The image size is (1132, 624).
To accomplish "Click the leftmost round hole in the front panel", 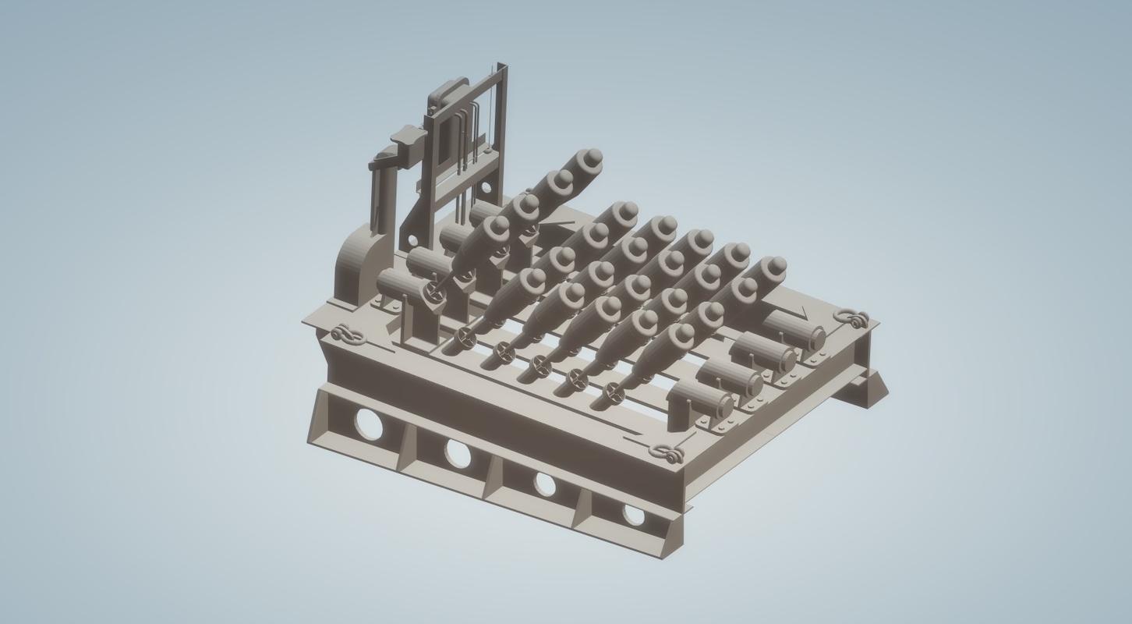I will coord(369,424).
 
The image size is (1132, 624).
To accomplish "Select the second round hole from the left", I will coord(458,453).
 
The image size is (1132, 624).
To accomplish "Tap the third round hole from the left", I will coord(545,484).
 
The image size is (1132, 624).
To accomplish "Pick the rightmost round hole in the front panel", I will coord(634,514).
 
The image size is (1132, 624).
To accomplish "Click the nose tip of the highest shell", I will coord(593,156).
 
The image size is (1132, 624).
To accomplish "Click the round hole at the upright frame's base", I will coord(486,187).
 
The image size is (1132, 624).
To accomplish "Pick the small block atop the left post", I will coord(409,136).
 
